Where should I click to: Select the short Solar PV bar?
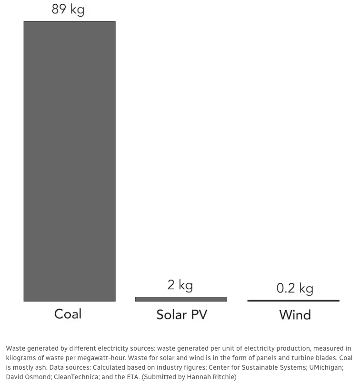(x=181, y=299)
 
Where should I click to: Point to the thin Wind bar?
(x=293, y=301)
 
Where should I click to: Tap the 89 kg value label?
(x=68, y=9)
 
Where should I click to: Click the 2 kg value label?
(x=180, y=285)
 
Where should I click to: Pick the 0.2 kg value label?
(x=295, y=289)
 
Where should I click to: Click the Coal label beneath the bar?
(x=68, y=314)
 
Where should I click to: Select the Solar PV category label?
(x=181, y=315)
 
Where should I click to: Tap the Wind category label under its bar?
(x=295, y=315)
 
